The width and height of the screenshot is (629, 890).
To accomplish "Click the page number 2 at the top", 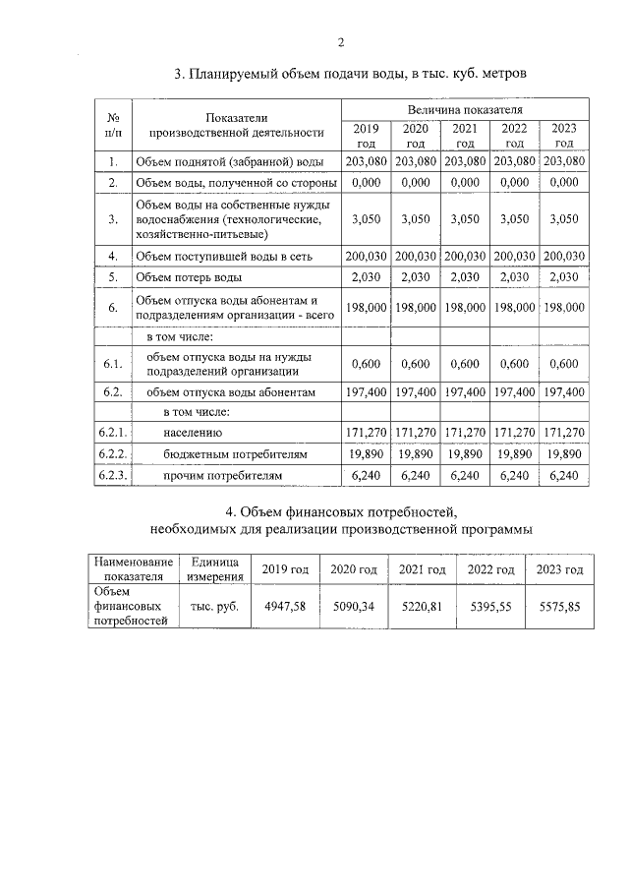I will (x=340, y=42).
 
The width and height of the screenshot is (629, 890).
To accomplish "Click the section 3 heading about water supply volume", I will (x=351, y=73).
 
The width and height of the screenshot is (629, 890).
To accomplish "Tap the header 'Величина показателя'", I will (x=465, y=110).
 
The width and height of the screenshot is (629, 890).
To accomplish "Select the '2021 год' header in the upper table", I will (x=465, y=136).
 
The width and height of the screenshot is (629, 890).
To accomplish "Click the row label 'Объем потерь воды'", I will (x=187, y=276).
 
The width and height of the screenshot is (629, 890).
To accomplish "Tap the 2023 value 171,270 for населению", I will (x=564, y=432).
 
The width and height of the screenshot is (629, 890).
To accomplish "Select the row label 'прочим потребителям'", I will (x=222, y=475).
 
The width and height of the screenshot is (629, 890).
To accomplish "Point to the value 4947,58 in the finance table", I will (x=286, y=607).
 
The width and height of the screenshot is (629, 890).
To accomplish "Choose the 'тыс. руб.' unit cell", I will (x=215, y=607).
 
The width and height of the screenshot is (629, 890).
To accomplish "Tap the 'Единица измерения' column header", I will (x=215, y=569).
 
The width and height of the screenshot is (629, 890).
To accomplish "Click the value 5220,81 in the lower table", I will (x=422, y=607).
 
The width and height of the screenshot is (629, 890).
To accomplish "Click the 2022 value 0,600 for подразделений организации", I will (x=514, y=364).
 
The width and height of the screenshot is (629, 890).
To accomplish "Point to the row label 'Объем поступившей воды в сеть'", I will (x=223, y=256).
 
